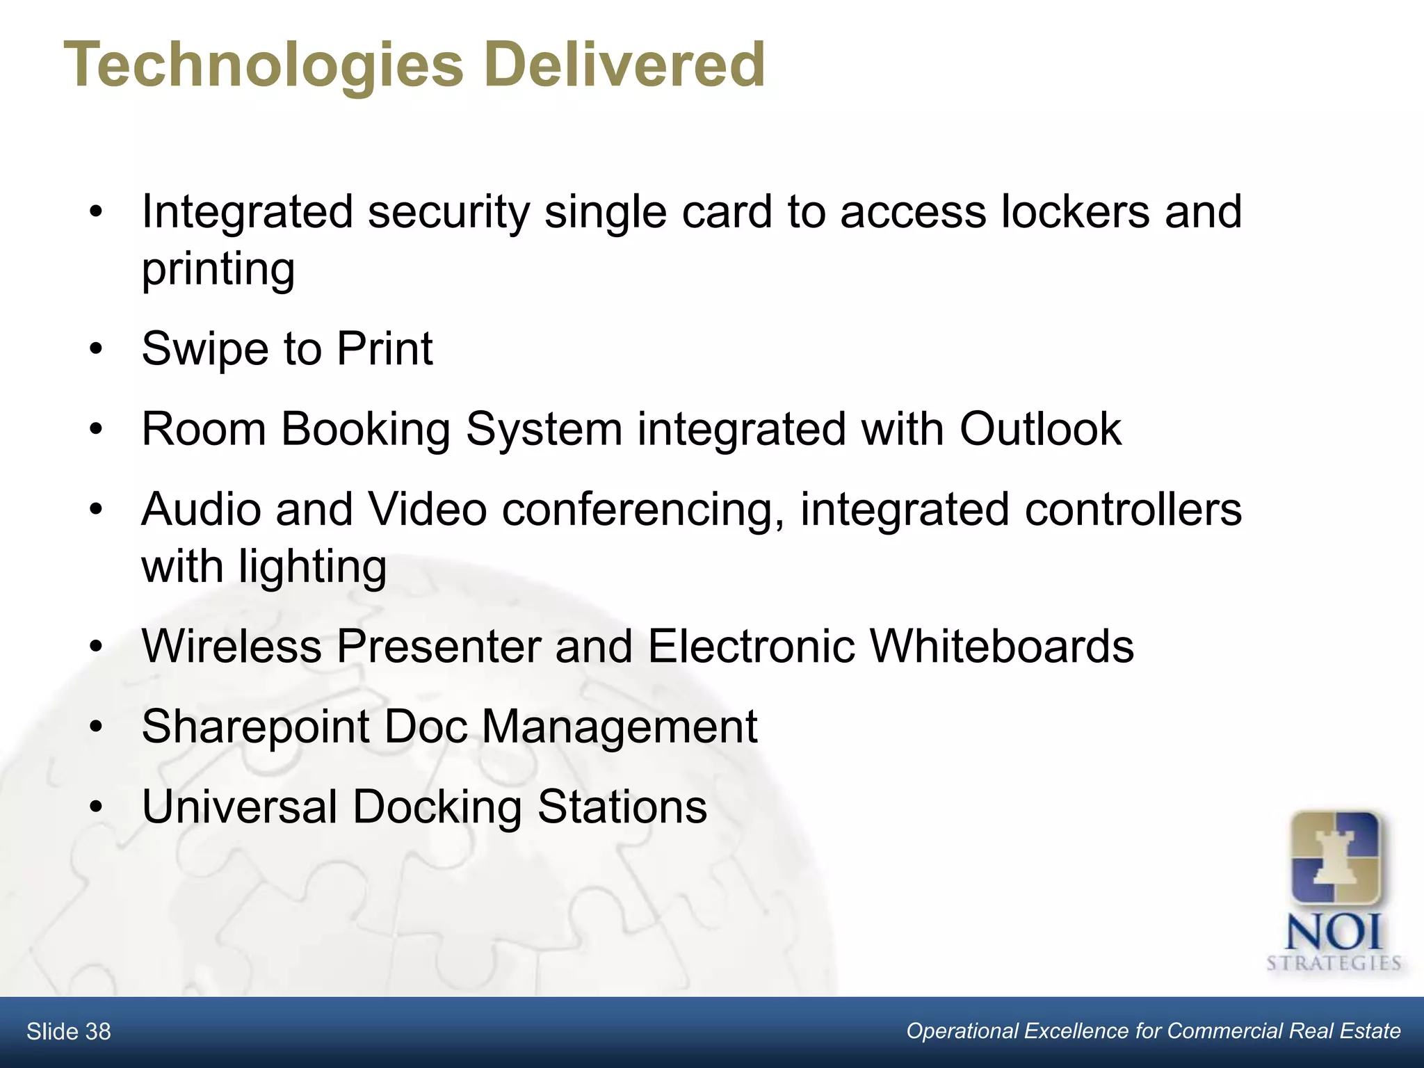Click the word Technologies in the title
(x=264, y=65)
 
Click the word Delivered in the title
(x=629, y=64)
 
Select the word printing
(x=218, y=270)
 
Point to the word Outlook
(x=1040, y=429)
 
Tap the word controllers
(x=1133, y=509)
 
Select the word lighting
(x=312, y=567)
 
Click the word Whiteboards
(x=1002, y=646)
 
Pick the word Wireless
(x=232, y=646)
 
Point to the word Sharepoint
(x=255, y=727)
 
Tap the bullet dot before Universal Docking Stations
(x=96, y=807)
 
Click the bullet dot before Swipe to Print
(x=96, y=348)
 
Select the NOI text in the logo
(x=1334, y=932)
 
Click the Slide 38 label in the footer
(x=69, y=1032)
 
